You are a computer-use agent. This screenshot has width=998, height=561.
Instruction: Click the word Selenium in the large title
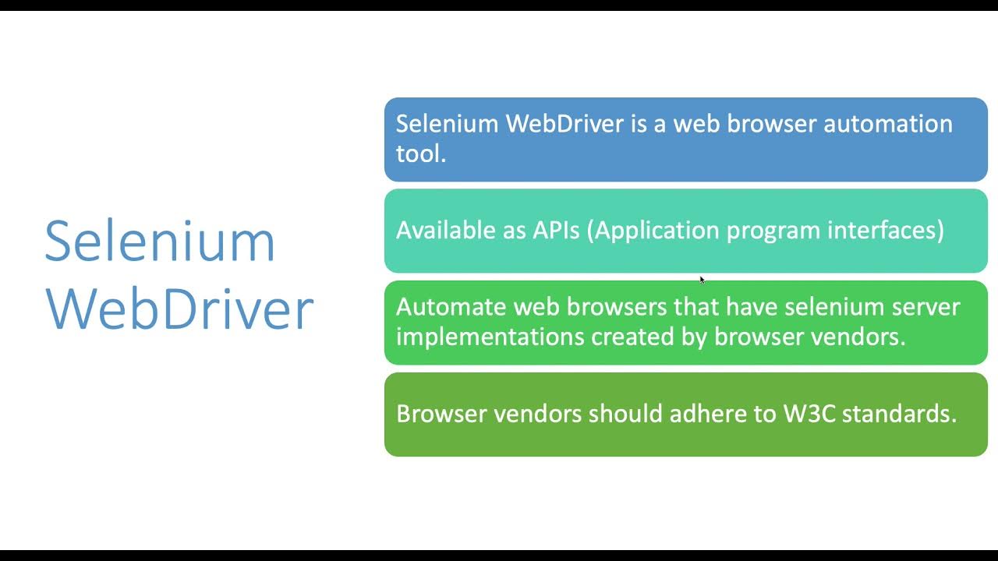[160, 241]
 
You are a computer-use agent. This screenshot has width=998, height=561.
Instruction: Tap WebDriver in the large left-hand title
[179, 309]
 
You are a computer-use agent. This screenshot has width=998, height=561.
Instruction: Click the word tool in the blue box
[420, 153]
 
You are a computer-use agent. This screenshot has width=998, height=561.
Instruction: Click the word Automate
[451, 306]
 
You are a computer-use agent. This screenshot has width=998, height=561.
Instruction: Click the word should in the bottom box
[622, 413]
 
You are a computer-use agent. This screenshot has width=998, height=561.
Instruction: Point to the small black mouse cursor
[702, 280]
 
